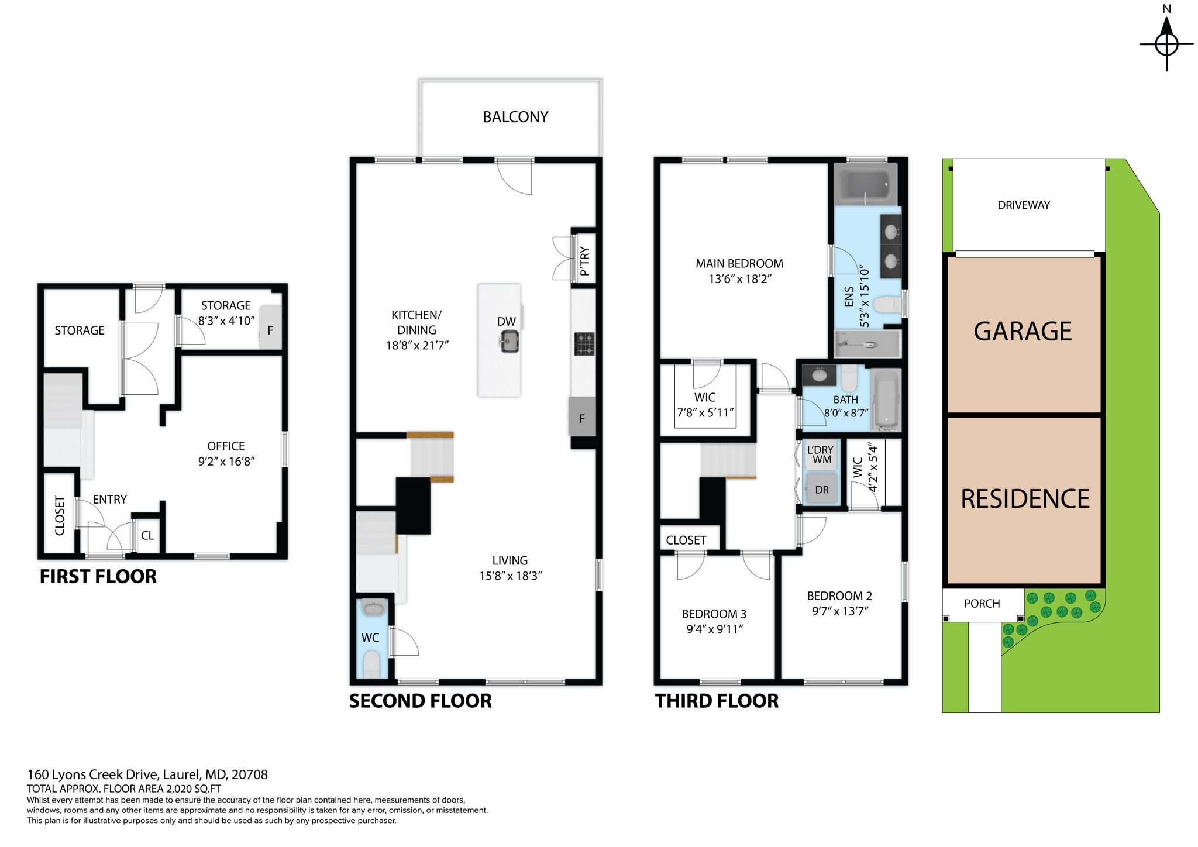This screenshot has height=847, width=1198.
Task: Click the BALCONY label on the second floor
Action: point(515,117)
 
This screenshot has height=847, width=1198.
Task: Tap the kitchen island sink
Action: point(509,342)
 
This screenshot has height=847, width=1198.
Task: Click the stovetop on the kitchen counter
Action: point(584,344)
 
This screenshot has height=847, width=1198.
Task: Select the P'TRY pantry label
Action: point(585,261)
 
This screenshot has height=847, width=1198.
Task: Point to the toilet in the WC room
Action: point(371,665)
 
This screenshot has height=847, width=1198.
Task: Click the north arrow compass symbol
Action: point(1166,43)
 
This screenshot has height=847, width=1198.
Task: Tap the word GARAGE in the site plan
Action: point(1023,332)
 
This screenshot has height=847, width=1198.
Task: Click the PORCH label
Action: point(982,604)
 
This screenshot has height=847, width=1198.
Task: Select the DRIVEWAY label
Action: point(1023,205)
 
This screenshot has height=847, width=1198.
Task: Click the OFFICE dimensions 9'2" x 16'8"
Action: point(226,462)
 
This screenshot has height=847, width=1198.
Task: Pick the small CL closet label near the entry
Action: point(147,536)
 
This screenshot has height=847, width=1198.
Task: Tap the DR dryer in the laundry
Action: point(822,490)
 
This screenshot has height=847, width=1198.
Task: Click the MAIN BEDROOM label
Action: point(739,264)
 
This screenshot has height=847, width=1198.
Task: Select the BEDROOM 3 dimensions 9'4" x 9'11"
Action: point(714,629)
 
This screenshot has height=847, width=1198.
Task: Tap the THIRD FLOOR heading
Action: point(717,701)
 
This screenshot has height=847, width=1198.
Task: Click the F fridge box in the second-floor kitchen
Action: point(582,417)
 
